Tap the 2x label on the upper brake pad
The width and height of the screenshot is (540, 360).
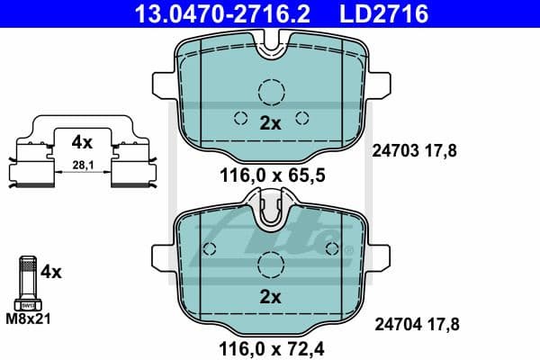(x=270, y=123)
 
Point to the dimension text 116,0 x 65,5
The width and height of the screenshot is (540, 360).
(x=269, y=176)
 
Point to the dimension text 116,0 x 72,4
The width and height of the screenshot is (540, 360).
(x=269, y=346)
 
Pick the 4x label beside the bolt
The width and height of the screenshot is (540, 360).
(x=51, y=271)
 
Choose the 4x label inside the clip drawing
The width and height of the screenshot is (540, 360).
(x=82, y=141)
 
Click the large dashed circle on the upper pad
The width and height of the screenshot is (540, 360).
(x=270, y=92)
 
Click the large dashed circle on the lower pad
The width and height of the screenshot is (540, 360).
(x=270, y=265)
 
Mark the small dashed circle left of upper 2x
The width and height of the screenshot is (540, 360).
(x=240, y=117)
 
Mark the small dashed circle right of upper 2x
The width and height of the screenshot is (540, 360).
(x=301, y=117)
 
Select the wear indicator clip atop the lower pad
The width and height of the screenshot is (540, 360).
(x=270, y=214)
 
